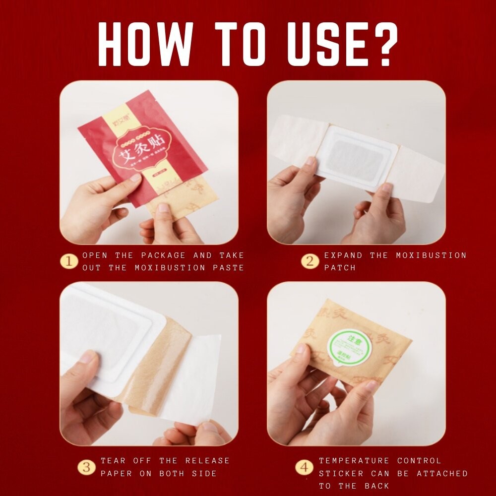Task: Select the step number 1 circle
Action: [x=69, y=261]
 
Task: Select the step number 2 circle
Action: [x=310, y=261]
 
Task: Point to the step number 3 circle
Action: [x=87, y=467]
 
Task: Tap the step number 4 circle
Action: [x=304, y=467]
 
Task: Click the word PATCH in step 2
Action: [x=340, y=268]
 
